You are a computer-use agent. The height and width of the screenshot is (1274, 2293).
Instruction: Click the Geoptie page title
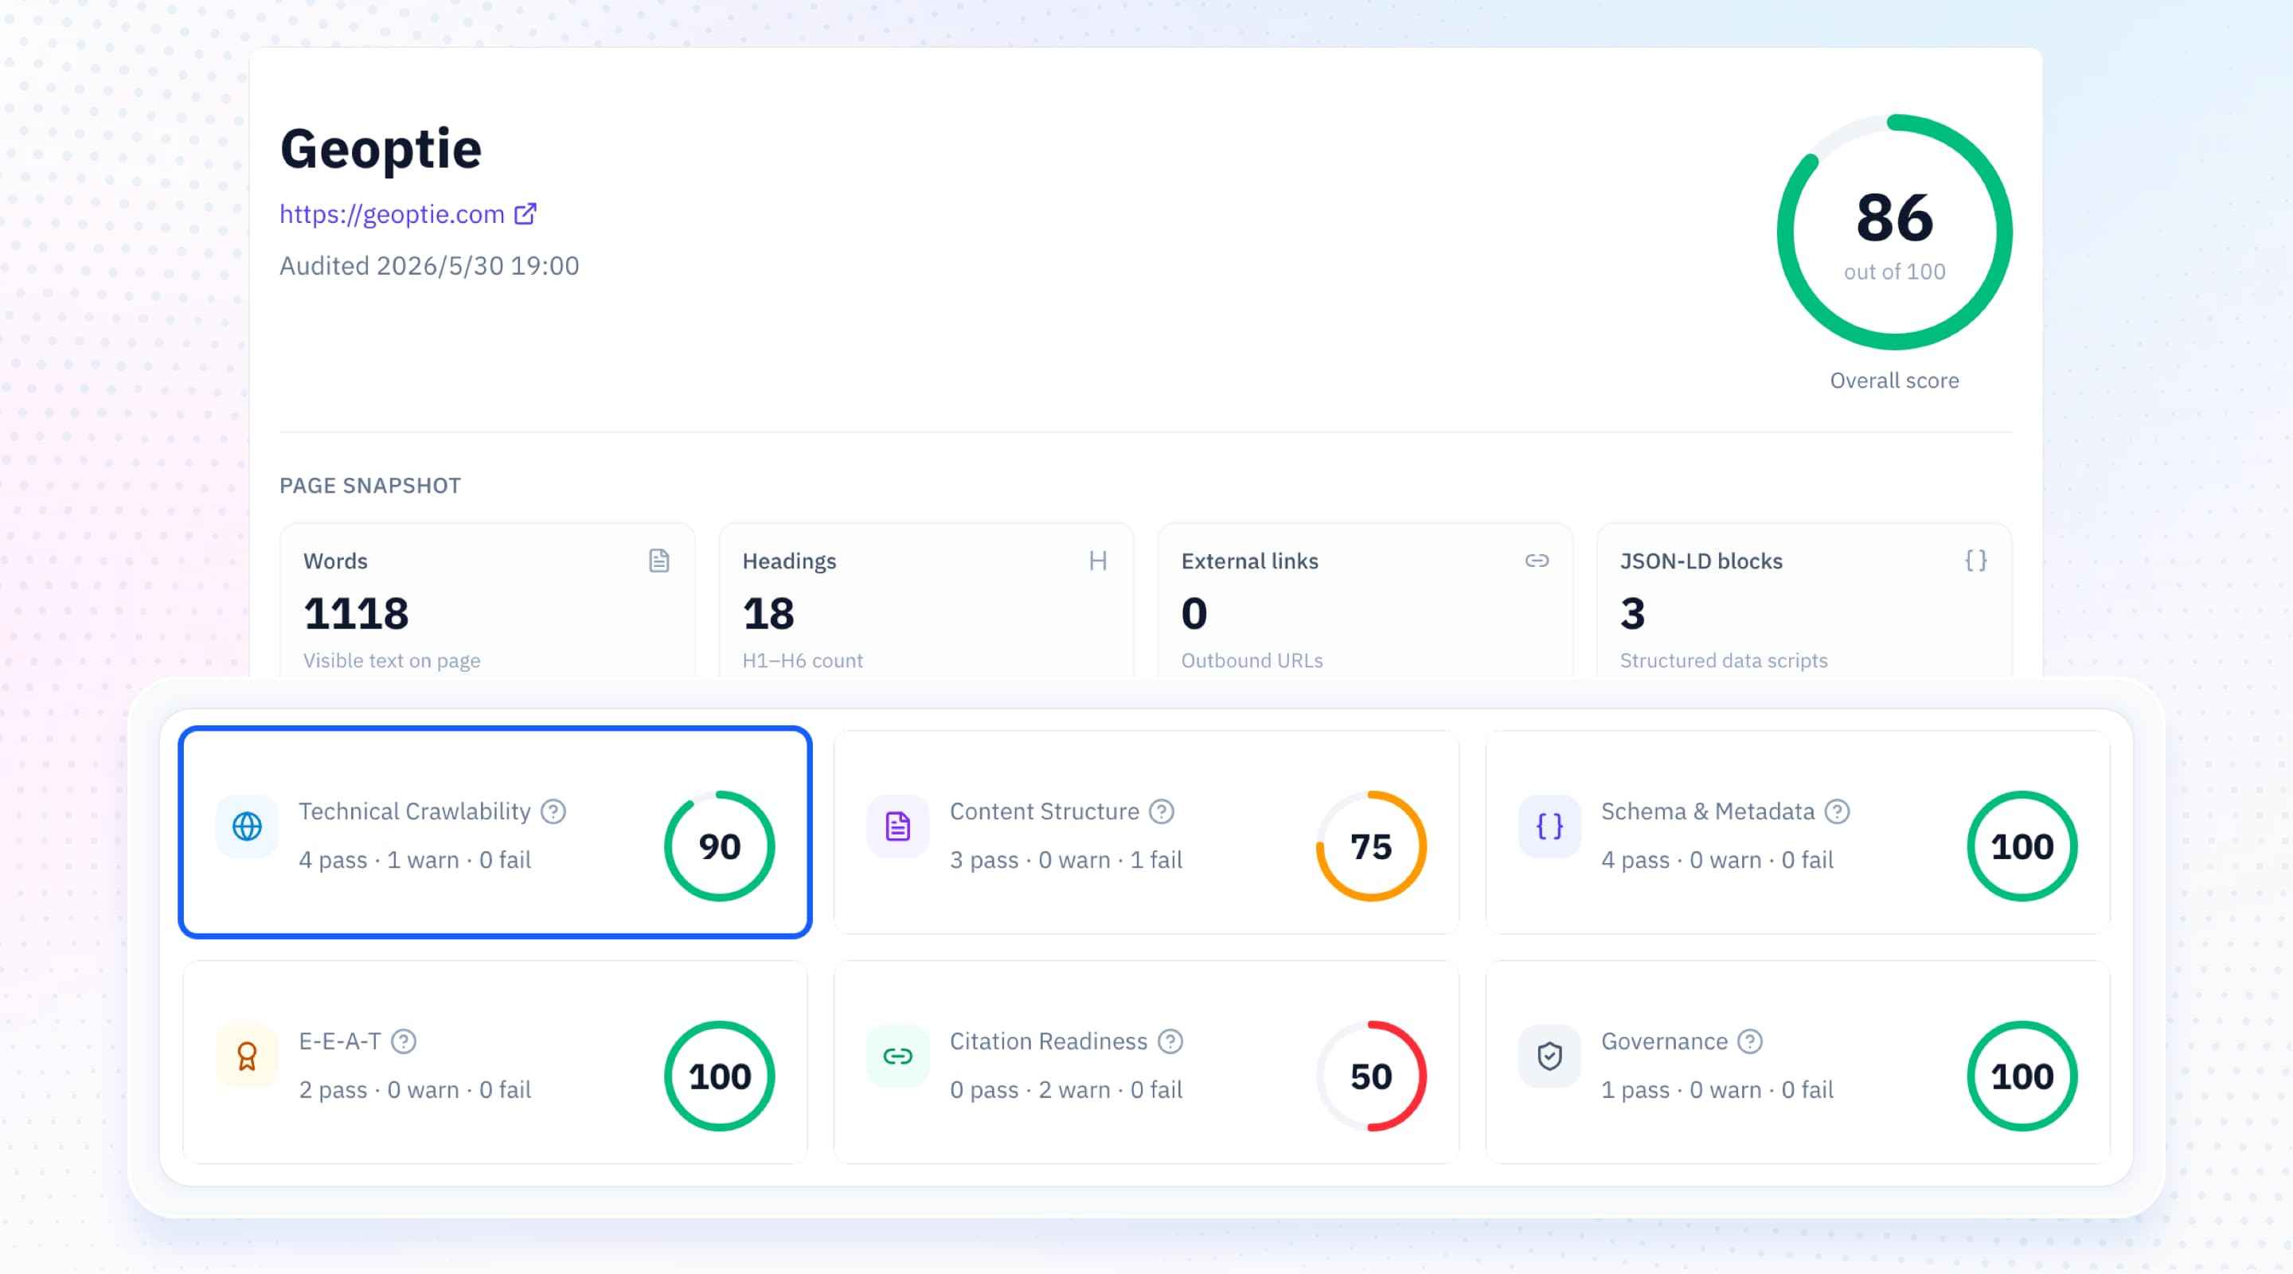381,150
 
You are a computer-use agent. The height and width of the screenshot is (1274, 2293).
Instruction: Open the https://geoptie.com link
392,214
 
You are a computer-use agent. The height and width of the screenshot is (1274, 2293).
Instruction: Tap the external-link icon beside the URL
525,213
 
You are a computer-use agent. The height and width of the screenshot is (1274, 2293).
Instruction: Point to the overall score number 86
1894,218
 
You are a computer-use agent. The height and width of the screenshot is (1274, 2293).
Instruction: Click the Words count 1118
356,613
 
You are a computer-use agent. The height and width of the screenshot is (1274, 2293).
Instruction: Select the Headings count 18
768,613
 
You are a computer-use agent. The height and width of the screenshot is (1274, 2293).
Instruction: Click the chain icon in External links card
1537,561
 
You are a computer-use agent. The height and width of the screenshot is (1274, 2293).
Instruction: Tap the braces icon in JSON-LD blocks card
1975,561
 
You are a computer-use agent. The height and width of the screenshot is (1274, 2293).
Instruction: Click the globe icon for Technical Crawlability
247,827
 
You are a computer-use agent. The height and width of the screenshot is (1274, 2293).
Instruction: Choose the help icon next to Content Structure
1162,812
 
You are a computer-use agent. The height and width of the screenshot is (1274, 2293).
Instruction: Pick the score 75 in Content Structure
1371,846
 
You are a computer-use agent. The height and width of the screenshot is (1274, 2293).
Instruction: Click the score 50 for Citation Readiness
1371,1077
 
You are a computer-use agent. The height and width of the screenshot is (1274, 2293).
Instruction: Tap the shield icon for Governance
1549,1057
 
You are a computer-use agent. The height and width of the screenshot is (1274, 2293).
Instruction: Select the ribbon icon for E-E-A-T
247,1057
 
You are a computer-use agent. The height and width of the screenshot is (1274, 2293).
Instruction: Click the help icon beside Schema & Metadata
1838,812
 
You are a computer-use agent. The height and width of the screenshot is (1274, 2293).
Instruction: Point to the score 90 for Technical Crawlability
719,846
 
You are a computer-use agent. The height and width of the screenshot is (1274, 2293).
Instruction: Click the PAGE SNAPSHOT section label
370,486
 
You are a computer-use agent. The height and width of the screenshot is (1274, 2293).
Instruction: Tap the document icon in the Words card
658,561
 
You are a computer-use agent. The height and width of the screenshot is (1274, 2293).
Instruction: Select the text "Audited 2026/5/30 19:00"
429,266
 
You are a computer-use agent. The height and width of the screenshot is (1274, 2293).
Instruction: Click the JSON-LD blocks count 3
1632,613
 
